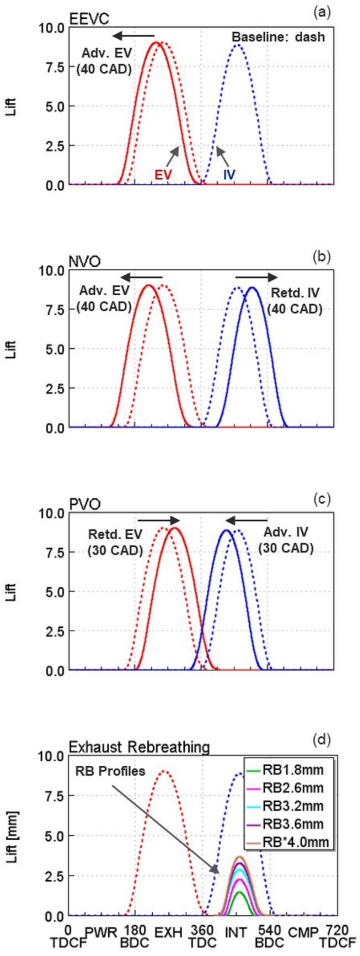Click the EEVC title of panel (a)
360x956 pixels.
point(89,19)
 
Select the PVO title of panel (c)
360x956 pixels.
point(85,505)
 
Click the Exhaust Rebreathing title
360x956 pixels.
point(139,747)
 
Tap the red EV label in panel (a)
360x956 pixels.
point(163,174)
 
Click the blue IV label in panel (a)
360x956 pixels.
point(229,174)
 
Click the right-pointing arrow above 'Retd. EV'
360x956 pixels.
point(158,520)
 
